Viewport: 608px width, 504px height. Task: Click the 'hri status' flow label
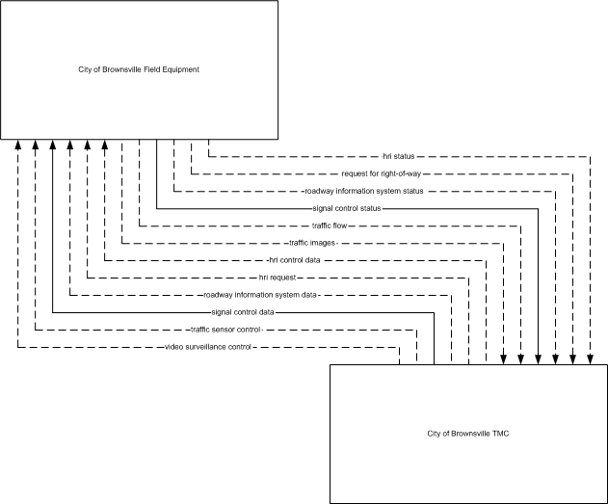click(399, 156)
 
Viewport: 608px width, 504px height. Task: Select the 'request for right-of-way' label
click(382, 173)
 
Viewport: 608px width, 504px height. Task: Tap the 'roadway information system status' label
click(363, 191)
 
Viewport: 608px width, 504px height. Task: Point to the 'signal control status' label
click(347, 208)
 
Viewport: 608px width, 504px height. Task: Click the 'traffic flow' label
click(330, 225)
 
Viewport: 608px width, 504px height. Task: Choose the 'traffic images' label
click(312, 243)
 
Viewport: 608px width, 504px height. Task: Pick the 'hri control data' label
click(294, 260)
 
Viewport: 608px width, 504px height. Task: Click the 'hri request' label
click(278, 278)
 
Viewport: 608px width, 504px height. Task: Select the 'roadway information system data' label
click(260, 295)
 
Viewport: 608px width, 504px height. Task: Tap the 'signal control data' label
click(243, 312)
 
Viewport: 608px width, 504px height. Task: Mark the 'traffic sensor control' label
click(225, 330)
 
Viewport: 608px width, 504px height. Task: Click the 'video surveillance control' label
click(208, 347)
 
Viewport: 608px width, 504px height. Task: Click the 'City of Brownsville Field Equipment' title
click(139, 69)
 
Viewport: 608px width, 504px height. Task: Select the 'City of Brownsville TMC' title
click(468, 434)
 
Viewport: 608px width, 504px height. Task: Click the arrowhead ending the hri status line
click(590, 359)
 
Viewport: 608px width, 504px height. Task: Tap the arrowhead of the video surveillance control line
click(18, 145)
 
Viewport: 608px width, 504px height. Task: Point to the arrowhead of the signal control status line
click(538, 359)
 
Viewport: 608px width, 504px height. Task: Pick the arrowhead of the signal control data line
click(53, 145)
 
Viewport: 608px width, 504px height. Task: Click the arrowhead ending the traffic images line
click(503, 359)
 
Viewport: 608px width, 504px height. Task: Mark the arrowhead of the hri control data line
click(105, 145)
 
